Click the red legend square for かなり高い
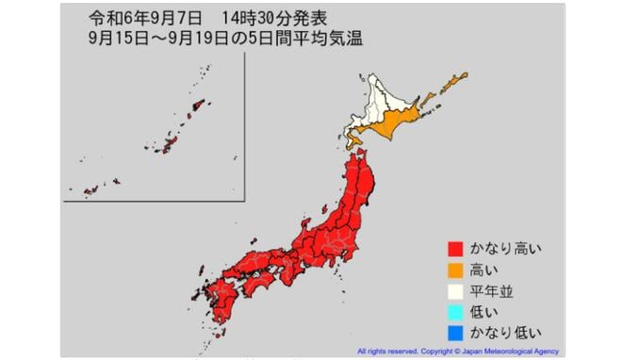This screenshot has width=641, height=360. click(x=454, y=249)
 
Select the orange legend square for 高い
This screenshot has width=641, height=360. click(x=454, y=270)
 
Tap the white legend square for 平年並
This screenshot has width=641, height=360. click(x=454, y=291)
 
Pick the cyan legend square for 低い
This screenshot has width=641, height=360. click(x=454, y=312)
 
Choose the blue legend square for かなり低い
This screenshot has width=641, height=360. click(x=454, y=333)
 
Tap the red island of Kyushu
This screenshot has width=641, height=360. click(x=221, y=298)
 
